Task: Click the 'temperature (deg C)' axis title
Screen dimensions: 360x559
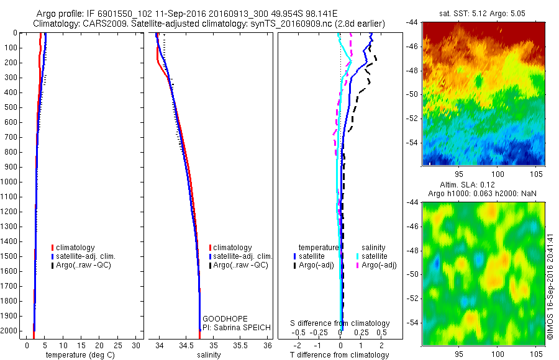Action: [x=78, y=355]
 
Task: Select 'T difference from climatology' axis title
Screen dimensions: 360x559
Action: [x=340, y=355]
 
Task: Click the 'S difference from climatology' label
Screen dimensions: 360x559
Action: [x=340, y=323]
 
